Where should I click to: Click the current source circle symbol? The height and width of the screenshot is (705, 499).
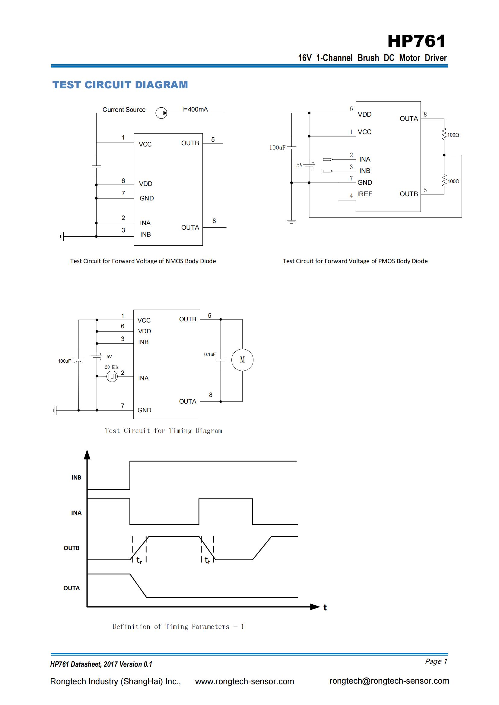tap(161, 113)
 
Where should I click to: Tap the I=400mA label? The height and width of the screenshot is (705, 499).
tap(195, 109)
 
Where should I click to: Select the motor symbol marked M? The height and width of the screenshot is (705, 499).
tap(242, 360)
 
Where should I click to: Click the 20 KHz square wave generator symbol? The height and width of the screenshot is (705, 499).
tap(112, 376)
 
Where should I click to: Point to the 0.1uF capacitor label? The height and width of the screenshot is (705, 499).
tap(210, 354)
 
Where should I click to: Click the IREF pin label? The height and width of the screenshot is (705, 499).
tap(364, 194)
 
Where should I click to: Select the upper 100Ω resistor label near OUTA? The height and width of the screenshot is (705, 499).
tap(453, 135)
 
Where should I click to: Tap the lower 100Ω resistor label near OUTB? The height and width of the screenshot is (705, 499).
tap(453, 181)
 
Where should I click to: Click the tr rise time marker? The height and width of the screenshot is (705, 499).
tap(139, 560)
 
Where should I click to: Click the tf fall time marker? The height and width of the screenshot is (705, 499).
tap(207, 560)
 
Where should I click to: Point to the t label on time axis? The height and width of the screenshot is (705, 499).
tap(325, 607)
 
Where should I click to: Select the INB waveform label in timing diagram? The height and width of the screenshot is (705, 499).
tap(76, 477)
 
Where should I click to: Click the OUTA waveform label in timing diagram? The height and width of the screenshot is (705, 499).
tap(71, 588)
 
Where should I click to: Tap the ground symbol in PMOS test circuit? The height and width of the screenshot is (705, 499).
tap(291, 222)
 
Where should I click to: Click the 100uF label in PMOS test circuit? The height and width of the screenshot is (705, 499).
tap(277, 148)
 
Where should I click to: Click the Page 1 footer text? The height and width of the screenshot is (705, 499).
tap(436, 661)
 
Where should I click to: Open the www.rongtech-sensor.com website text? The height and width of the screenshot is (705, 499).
tap(244, 681)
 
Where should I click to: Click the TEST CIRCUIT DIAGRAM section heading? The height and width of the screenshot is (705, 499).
tap(120, 85)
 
